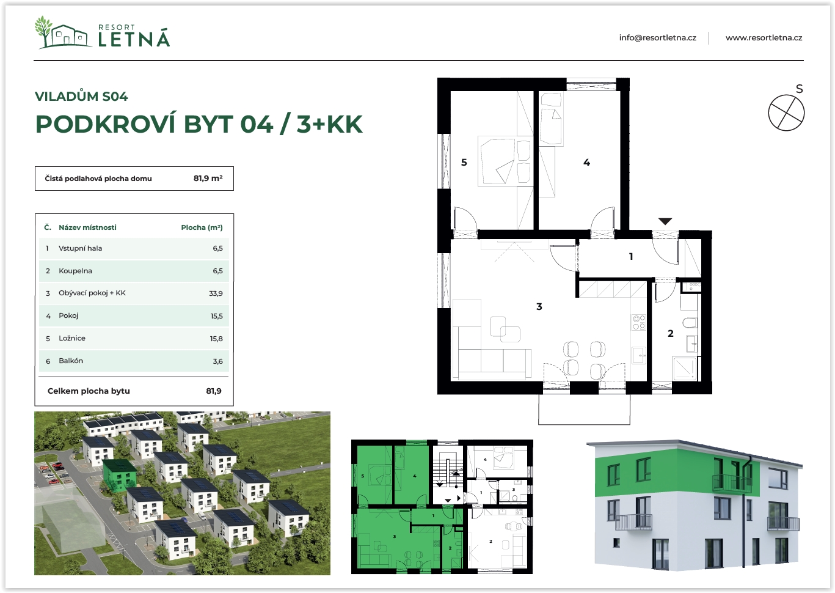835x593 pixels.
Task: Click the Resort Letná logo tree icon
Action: (44, 31)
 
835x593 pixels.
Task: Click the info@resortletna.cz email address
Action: (658, 38)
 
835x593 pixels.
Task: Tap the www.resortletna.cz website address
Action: (764, 38)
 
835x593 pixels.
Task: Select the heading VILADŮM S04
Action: (81, 96)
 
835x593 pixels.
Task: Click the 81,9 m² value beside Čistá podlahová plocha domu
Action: (208, 179)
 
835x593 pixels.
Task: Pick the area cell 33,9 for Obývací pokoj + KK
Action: (216, 293)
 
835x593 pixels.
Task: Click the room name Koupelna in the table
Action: (75, 271)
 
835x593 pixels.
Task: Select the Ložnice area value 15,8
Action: (216, 339)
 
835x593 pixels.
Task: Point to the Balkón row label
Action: (71, 361)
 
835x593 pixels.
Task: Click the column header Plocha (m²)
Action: (202, 227)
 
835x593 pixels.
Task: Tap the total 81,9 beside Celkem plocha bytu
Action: (214, 391)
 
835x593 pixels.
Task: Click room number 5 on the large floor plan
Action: (464, 163)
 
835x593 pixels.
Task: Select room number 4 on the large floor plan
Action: (587, 163)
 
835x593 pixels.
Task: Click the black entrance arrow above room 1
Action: (665, 221)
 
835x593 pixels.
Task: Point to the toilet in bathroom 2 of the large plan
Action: (690, 323)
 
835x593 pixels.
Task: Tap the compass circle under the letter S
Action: (786, 112)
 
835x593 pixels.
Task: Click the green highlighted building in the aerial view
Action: (120, 475)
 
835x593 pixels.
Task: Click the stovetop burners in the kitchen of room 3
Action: (638, 322)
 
